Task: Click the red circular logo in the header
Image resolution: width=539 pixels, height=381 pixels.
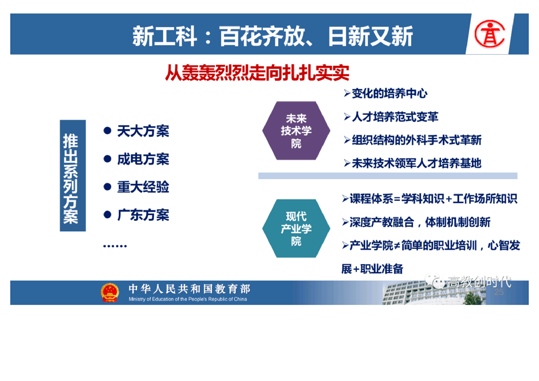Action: pos(490,33)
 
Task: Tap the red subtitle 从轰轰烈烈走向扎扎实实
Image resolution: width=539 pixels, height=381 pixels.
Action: pos(257,73)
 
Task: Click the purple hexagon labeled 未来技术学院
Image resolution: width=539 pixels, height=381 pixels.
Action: pos(296,131)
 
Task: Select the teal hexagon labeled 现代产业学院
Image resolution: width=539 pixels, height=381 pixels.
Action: pos(296,228)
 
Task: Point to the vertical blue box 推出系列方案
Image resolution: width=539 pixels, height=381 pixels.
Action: pos(73,175)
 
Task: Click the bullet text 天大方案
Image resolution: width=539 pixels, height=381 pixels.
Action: pos(143,131)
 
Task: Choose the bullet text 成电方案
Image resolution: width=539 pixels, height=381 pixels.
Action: pos(143,159)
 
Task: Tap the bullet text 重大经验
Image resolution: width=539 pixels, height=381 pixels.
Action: pos(143,187)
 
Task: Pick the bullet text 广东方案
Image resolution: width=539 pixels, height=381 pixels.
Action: pos(143,215)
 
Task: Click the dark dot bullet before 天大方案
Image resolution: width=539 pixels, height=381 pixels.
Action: pos(107,131)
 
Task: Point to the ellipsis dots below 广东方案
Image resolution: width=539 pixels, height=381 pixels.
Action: pos(115,246)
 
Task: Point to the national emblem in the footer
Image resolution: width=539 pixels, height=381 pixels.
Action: pos(110,293)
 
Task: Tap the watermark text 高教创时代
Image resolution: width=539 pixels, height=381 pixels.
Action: pos(479,282)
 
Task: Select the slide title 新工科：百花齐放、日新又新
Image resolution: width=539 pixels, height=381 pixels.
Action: pos(272,36)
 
